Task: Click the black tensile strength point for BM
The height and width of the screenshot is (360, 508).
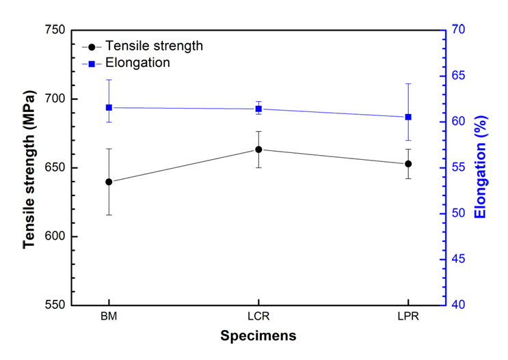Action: coord(109,182)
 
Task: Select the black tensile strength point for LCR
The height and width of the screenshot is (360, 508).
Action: coord(258,150)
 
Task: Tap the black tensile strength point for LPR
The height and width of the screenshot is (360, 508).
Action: coord(408,164)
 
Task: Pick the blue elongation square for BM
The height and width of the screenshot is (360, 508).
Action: coord(109,107)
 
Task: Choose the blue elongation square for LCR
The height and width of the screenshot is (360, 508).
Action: coord(258,109)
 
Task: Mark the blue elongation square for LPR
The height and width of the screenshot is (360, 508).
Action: coord(408,117)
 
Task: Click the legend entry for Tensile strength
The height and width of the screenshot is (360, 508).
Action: coord(154,46)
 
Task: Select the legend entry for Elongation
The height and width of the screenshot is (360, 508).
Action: coord(137,63)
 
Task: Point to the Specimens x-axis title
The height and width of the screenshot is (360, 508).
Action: coord(258,336)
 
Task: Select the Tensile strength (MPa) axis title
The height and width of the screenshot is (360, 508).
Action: coord(29,168)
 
